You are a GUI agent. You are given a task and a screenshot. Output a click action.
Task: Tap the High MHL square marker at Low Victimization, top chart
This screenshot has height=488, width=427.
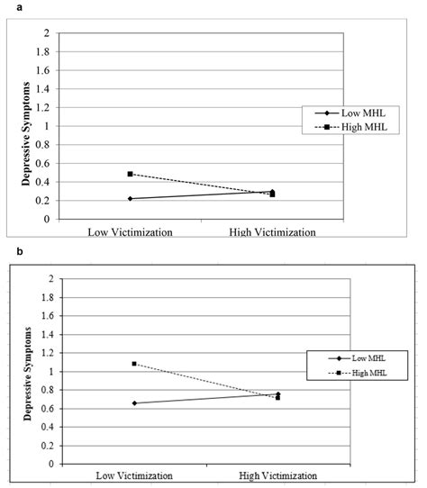[x=130, y=174]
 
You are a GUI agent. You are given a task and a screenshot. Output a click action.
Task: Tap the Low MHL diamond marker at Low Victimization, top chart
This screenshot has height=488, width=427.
[x=130, y=198]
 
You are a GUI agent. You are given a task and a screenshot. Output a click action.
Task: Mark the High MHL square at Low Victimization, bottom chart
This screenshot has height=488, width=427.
[x=133, y=364]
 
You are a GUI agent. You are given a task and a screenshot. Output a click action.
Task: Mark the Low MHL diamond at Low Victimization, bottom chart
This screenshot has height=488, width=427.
[x=133, y=402]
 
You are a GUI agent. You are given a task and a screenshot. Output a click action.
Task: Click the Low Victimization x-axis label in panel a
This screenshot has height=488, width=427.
[x=130, y=231]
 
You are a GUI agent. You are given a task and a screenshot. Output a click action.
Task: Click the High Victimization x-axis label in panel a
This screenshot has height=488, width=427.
[x=272, y=231]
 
